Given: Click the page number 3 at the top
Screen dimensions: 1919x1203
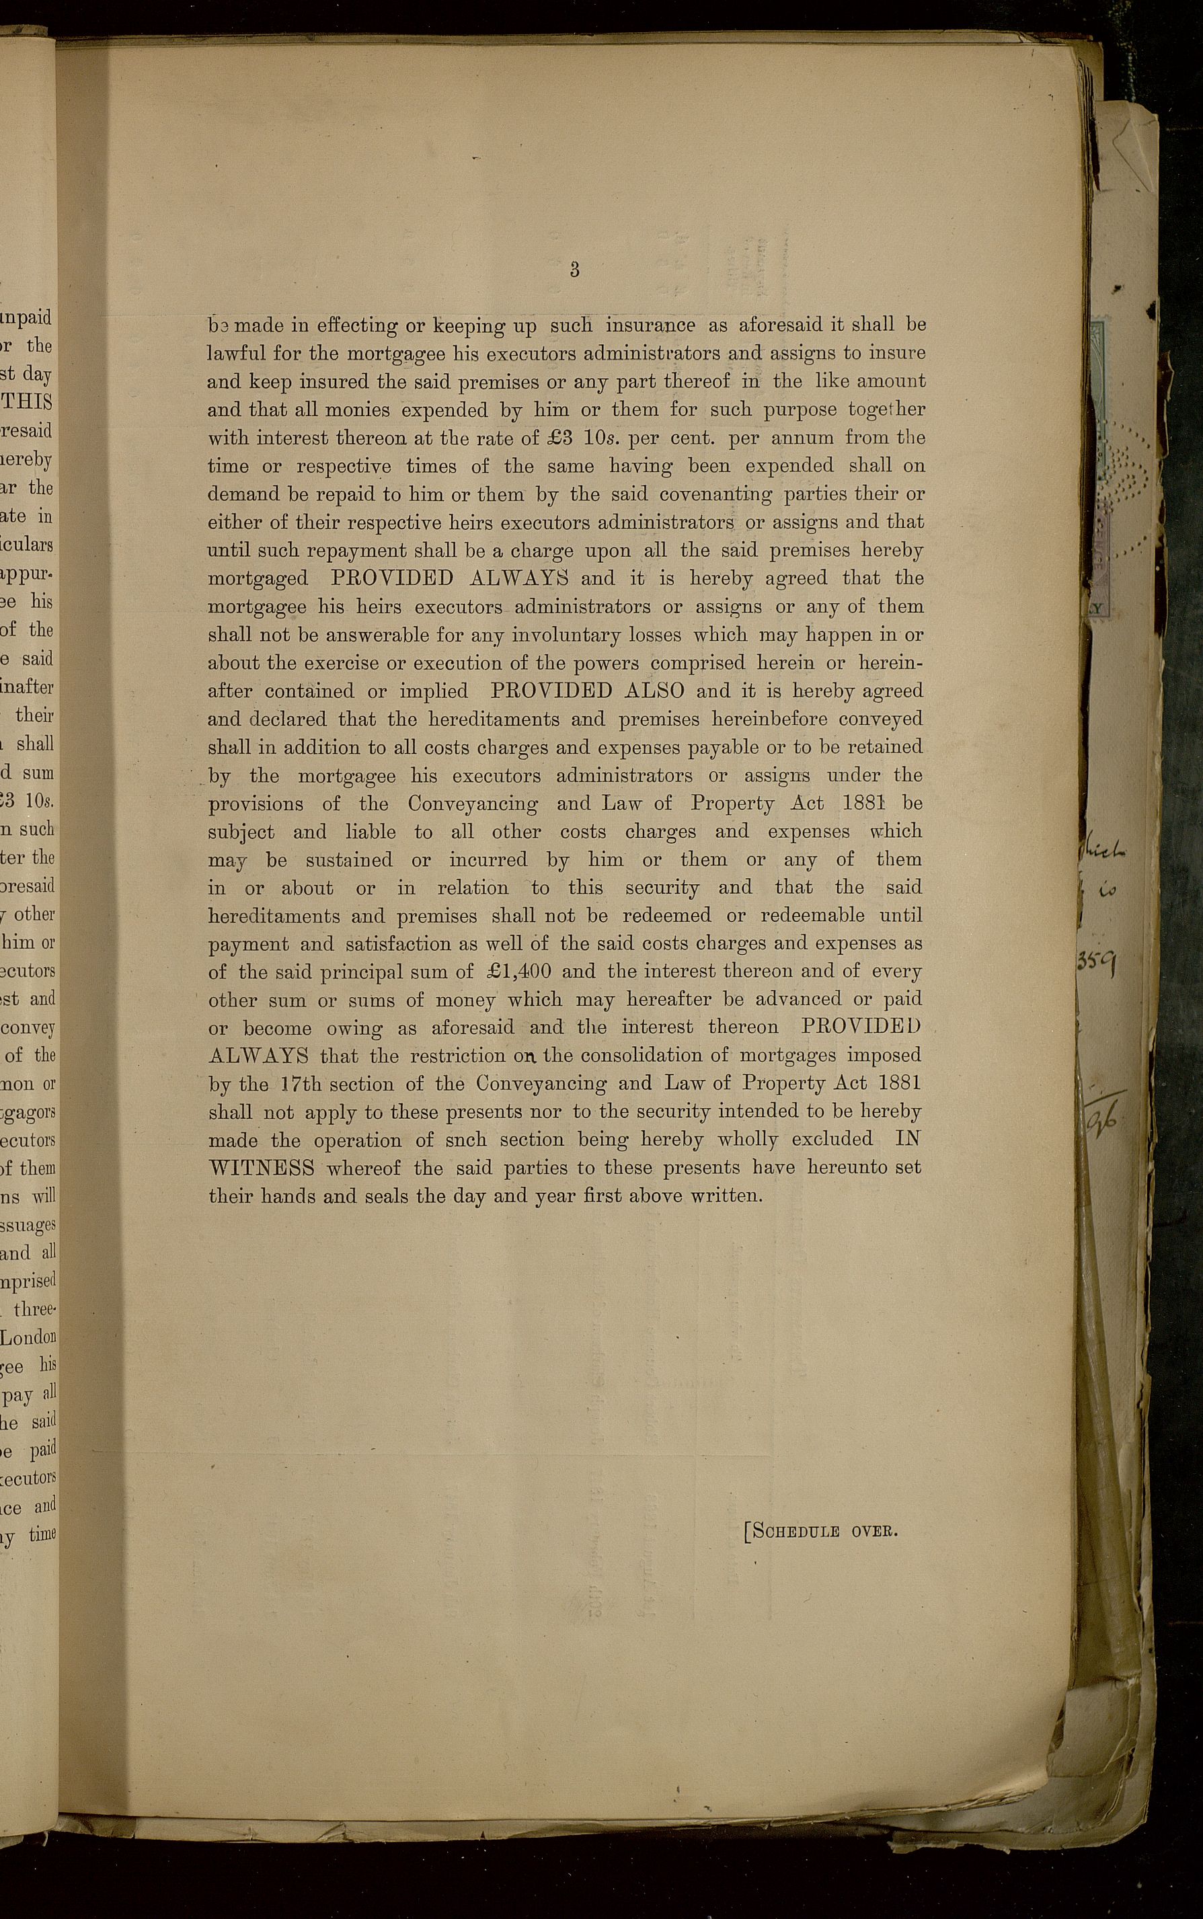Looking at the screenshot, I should [x=574, y=270].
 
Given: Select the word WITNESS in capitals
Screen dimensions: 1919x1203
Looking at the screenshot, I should [x=261, y=1168].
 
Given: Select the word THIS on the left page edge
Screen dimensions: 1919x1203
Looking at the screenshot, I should [x=30, y=402].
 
